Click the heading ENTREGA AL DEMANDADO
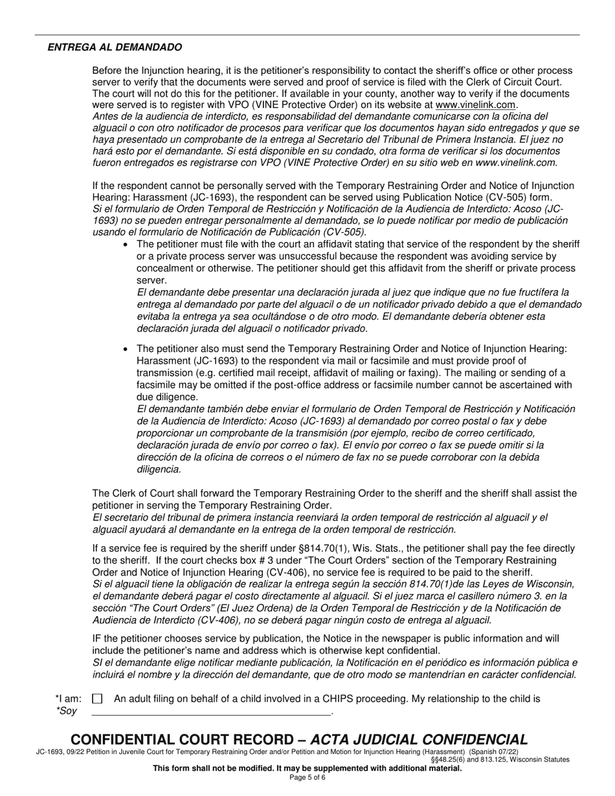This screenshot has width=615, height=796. (x=115, y=47)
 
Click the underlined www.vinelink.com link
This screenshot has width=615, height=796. (x=476, y=105)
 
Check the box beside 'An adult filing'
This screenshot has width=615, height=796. (x=97, y=699)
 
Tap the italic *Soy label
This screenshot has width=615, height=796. (x=67, y=711)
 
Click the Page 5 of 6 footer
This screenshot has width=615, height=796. (x=307, y=777)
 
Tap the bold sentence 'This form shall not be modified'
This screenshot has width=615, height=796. (x=307, y=769)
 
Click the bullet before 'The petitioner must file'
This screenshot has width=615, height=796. (x=126, y=244)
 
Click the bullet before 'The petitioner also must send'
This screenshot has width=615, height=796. (x=126, y=349)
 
